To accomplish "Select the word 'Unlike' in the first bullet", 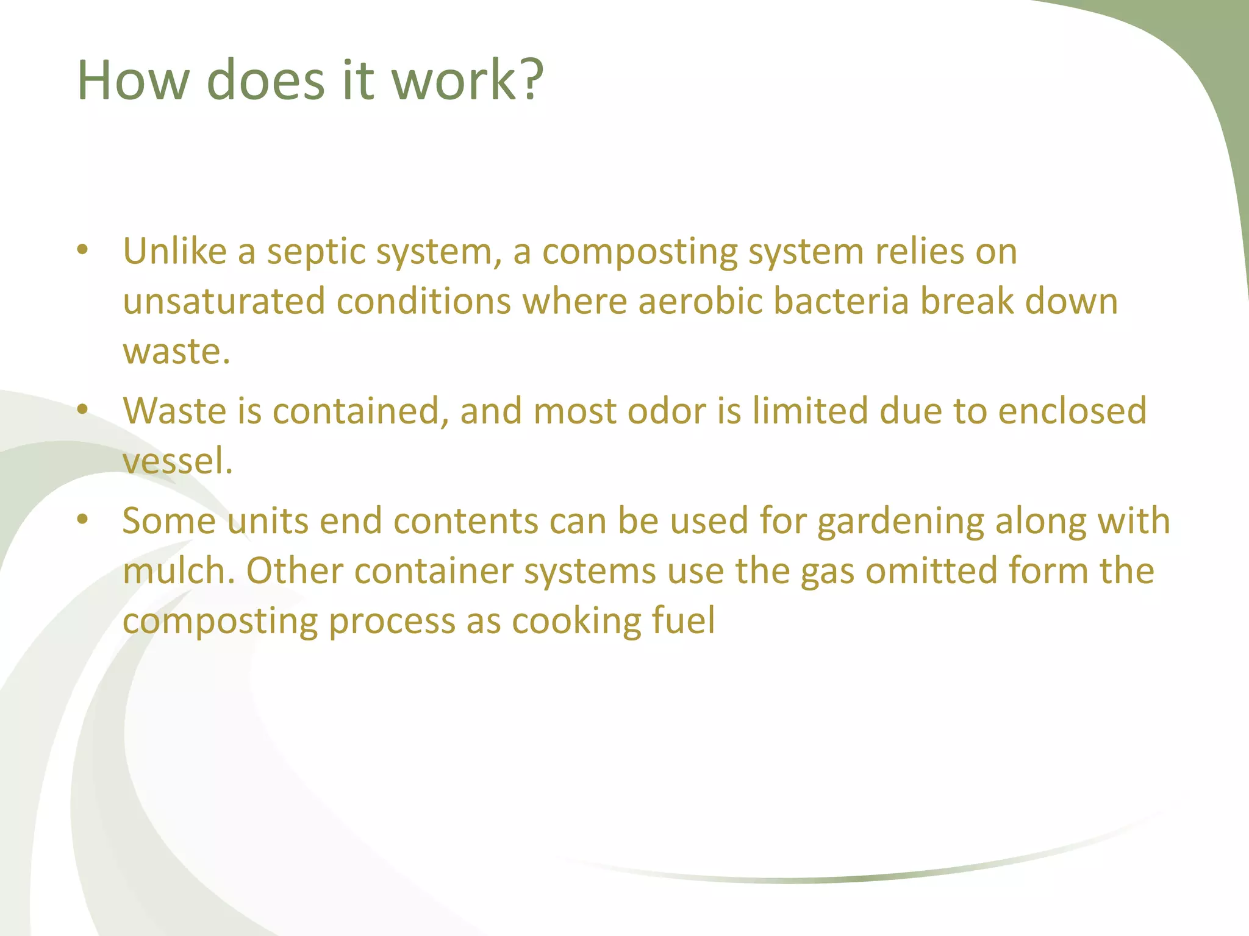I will click(x=175, y=251).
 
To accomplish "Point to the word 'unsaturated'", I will click(x=224, y=302).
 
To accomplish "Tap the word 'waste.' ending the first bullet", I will click(x=177, y=352).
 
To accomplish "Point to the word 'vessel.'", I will click(x=177, y=461).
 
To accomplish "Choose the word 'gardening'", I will click(x=900, y=522).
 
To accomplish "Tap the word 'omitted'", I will click(x=931, y=572).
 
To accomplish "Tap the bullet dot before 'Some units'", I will click(x=83, y=520).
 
